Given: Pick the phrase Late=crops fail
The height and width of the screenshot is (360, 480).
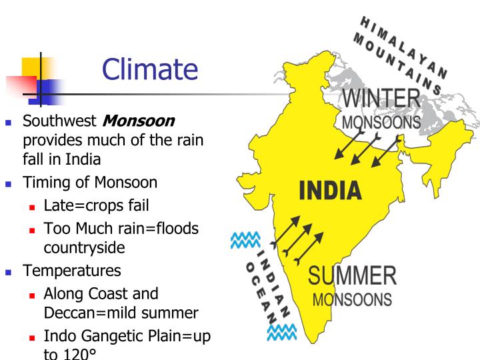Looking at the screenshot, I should pyautogui.click(x=96, y=207).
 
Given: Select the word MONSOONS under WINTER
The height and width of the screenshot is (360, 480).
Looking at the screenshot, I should pyautogui.click(x=381, y=123).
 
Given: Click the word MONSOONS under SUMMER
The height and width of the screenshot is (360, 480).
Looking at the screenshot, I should pyautogui.click(x=352, y=299).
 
